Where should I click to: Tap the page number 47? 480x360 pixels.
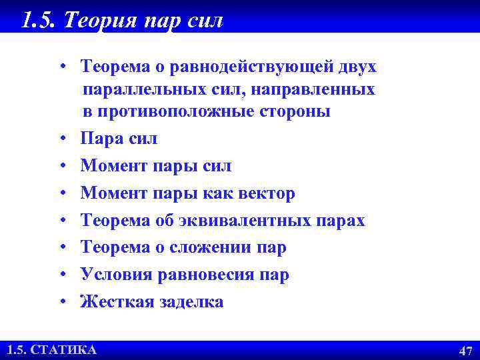(x=465, y=351)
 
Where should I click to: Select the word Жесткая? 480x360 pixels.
(x=117, y=302)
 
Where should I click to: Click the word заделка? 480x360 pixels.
(x=191, y=302)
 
